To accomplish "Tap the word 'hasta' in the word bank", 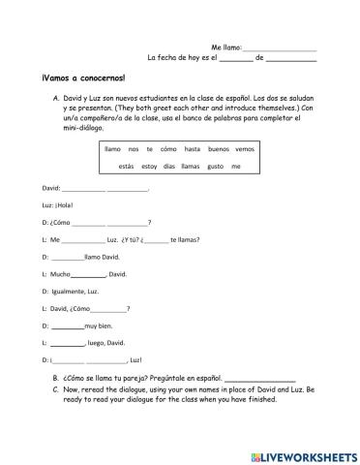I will [x=192, y=149].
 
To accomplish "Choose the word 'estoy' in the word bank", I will [x=148, y=167].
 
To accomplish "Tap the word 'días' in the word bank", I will [x=169, y=167].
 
